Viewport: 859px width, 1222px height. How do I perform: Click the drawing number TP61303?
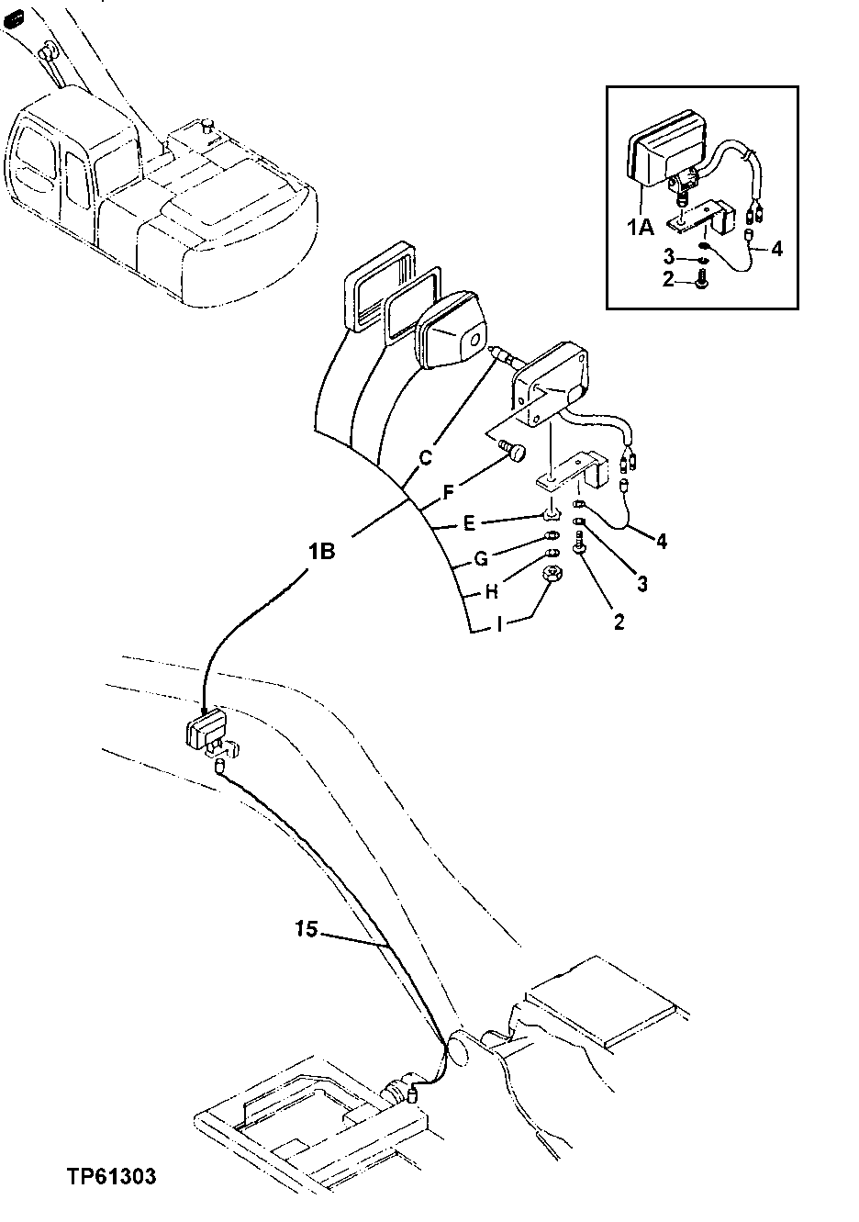[110, 1175]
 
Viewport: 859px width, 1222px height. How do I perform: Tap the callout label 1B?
[321, 552]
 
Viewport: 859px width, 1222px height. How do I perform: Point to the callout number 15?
[307, 930]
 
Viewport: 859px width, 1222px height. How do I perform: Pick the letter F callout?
[449, 492]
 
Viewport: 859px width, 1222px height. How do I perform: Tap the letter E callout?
[468, 523]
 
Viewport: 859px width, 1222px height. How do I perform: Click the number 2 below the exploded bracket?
[619, 622]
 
